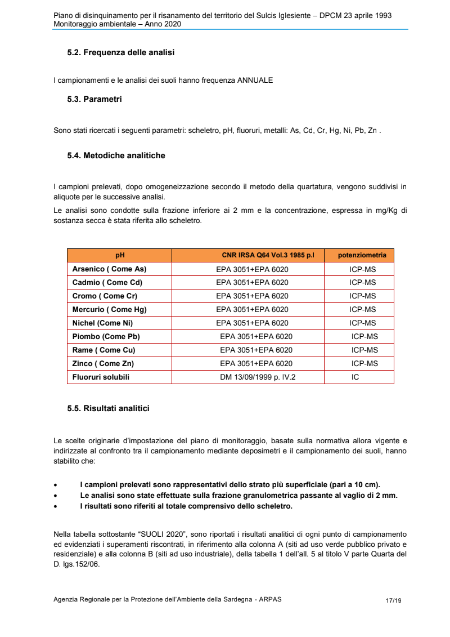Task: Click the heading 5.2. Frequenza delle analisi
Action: tap(120, 52)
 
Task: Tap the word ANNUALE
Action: tap(255, 81)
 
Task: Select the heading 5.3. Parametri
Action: tap(94, 99)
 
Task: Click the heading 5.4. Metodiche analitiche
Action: tap(116, 155)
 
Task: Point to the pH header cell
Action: tap(120, 255)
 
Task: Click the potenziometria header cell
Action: tap(362, 255)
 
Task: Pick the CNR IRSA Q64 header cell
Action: tap(268, 255)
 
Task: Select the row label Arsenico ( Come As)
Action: tap(109, 269)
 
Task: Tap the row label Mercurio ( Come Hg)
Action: tap(110, 310)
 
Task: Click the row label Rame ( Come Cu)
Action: tap(103, 350)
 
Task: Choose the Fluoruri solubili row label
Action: tap(101, 377)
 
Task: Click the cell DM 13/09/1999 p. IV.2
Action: tap(258, 377)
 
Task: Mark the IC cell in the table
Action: tap(355, 377)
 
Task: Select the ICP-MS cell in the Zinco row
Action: tap(364, 364)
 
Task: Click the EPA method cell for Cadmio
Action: tap(252, 283)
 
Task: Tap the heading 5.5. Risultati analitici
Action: tap(108, 408)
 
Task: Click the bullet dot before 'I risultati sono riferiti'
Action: tap(55, 507)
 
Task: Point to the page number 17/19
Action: tap(394, 600)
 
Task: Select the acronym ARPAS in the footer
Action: tap(270, 600)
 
